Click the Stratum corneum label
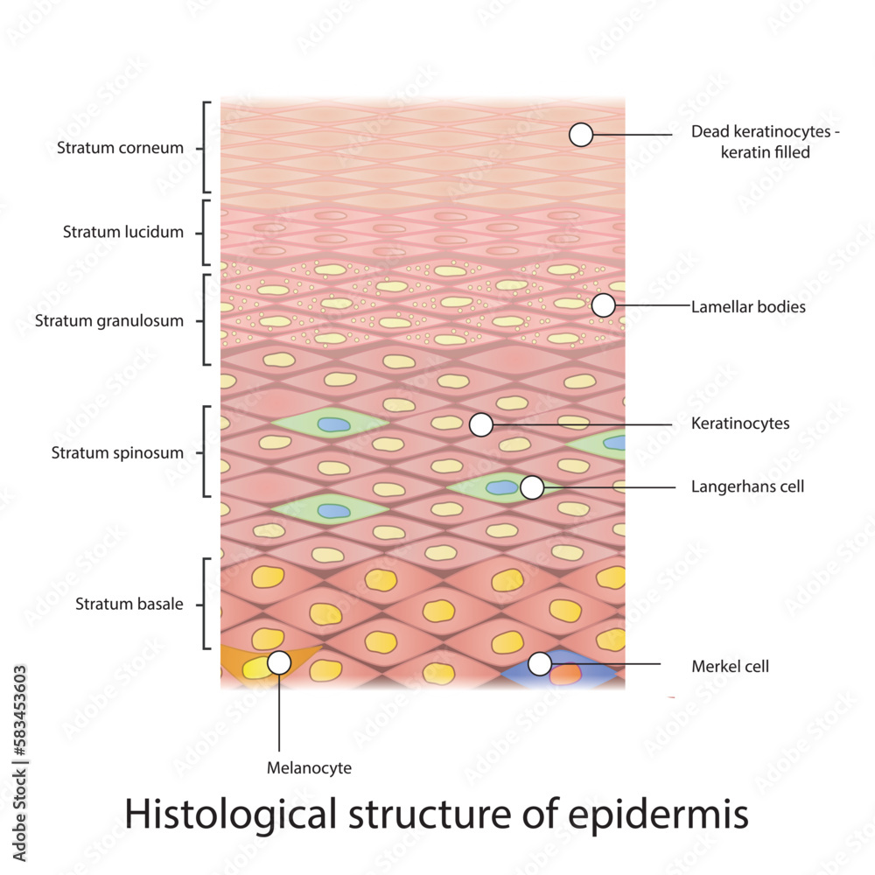click(x=120, y=148)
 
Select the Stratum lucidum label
click(x=123, y=233)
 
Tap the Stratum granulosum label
click(x=109, y=321)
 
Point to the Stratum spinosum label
click(x=117, y=453)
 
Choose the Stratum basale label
click(x=129, y=604)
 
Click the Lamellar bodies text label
click(x=748, y=307)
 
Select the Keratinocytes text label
click(x=740, y=423)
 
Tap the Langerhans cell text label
click(x=747, y=486)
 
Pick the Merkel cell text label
click(x=730, y=667)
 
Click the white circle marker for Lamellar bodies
click(x=603, y=305)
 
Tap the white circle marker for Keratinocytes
click(x=480, y=425)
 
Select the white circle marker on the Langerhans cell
click(x=531, y=487)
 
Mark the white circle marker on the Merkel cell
click(x=540, y=664)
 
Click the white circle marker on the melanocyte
click(x=279, y=662)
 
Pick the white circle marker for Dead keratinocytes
click(x=581, y=135)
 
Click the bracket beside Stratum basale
click(x=206, y=604)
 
